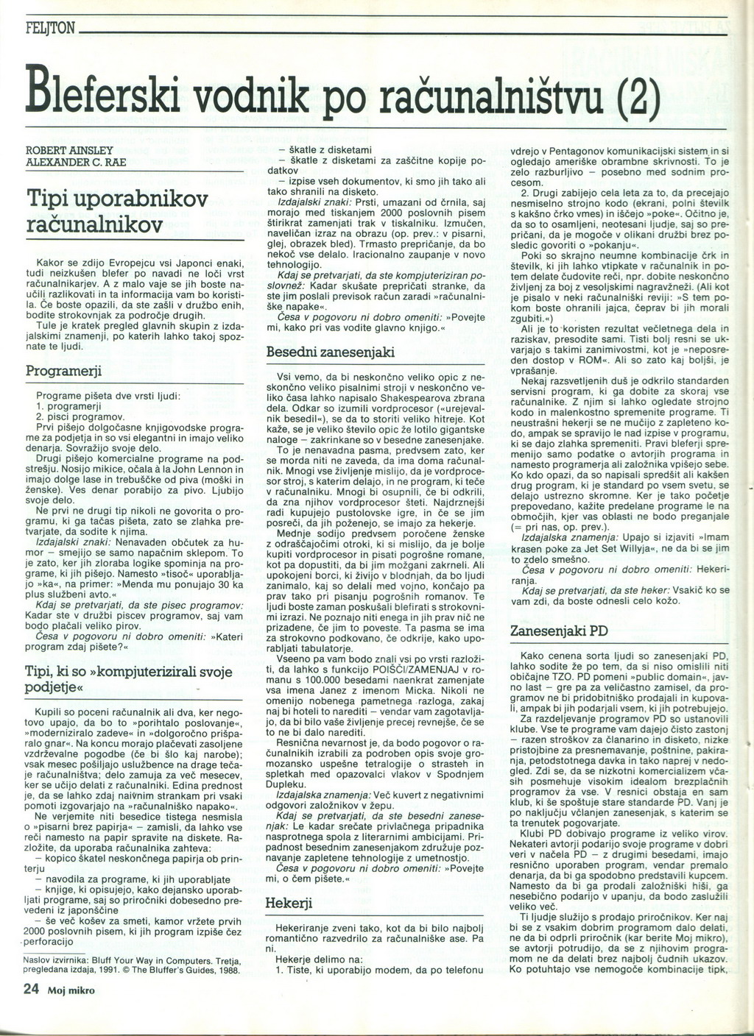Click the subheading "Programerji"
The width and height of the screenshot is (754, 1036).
(63, 370)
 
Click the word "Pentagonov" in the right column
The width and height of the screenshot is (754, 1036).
(570, 151)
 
